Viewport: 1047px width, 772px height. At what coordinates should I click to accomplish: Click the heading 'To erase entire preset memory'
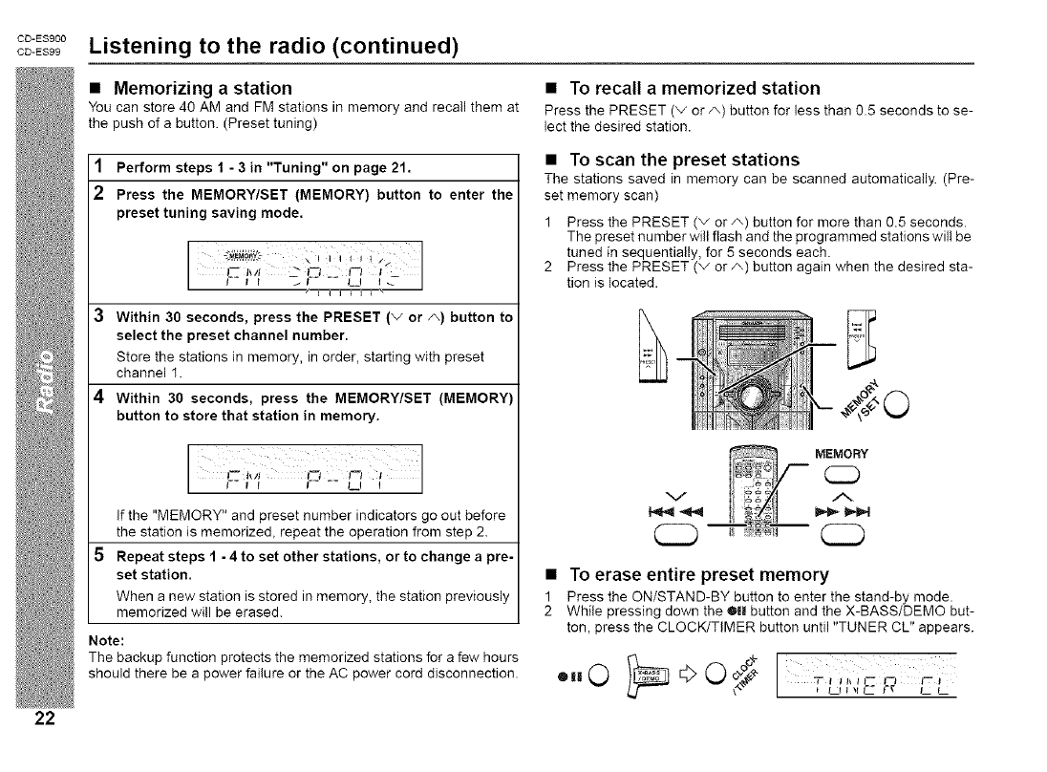click(698, 575)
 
